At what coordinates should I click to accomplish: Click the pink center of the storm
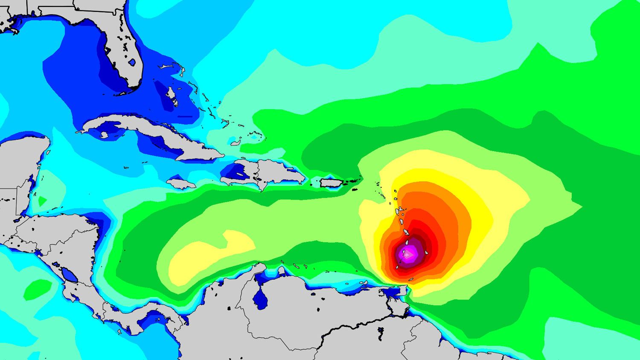(408, 255)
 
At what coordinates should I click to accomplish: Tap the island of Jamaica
(181, 184)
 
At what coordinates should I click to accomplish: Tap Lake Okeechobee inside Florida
(132, 62)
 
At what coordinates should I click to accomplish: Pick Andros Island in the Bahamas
(172, 96)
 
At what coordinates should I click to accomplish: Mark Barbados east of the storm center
(426, 253)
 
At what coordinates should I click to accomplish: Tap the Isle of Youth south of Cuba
(104, 135)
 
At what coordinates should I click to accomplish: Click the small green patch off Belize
(42, 200)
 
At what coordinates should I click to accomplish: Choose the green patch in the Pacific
(36, 290)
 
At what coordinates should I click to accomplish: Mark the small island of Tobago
(411, 280)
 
